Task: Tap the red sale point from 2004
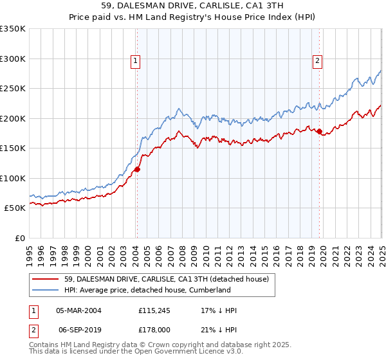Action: click(137, 170)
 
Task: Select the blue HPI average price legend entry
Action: click(147, 290)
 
